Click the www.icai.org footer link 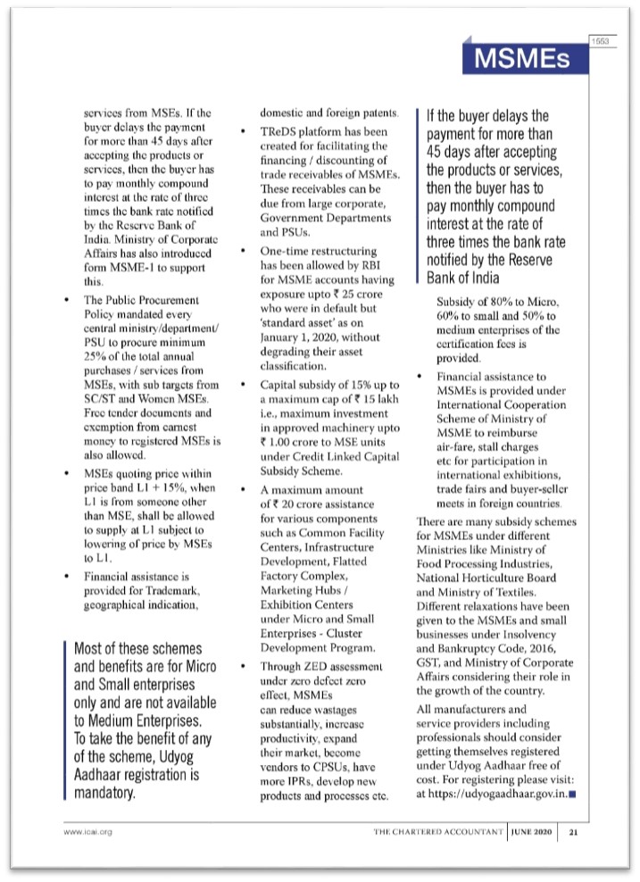click(86, 831)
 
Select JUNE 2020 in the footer click(535, 831)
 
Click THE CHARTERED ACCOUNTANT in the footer click(439, 831)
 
